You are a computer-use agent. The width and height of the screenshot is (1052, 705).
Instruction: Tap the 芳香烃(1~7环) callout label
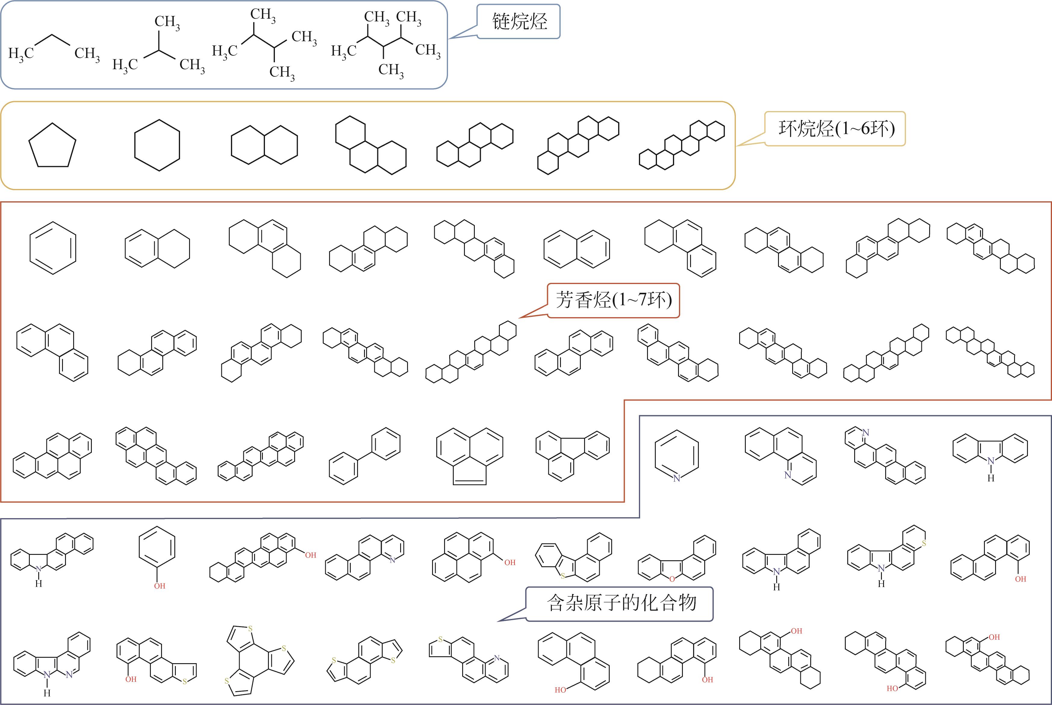coord(614,300)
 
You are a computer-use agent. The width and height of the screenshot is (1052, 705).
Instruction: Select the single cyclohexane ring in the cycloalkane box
coord(157,145)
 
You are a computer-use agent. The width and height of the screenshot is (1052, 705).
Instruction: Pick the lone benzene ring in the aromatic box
coord(53,248)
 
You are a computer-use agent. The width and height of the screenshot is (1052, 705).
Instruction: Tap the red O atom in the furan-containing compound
coord(672,579)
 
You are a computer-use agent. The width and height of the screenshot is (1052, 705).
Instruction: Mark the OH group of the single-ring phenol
coord(160,586)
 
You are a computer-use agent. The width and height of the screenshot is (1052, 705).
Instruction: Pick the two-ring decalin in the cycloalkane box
coord(264,145)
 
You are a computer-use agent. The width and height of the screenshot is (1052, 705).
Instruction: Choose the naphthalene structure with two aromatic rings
coord(577,249)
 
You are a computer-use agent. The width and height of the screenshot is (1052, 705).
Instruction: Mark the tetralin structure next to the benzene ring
coord(157,249)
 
